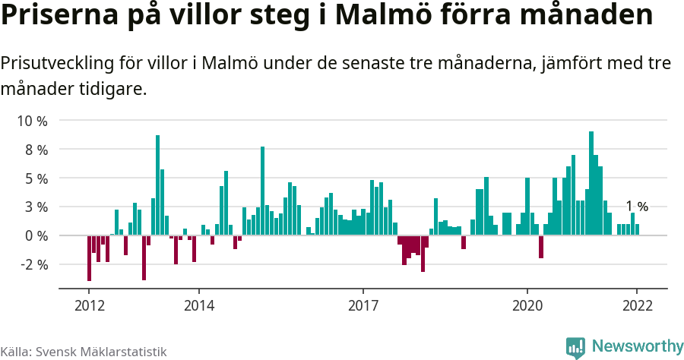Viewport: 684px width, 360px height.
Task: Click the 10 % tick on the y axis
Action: click(32, 121)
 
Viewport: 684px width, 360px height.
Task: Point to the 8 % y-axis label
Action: click(35, 150)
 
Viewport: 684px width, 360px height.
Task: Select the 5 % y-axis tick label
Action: click(35, 178)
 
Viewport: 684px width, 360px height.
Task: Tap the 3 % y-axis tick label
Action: click(35, 207)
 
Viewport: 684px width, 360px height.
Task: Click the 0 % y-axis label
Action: click(35, 235)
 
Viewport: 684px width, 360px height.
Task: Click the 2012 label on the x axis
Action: click(89, 305)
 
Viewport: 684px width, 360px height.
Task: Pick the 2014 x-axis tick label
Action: click(199, 305)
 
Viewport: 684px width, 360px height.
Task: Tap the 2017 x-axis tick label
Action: click(363, 305)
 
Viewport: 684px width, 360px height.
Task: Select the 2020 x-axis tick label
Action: click(527, 305)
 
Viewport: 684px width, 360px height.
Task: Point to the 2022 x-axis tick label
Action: click(637, 305)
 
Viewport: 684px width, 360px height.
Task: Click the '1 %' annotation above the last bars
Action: click(637, 207)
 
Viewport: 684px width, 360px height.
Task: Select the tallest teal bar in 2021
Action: click(591, 183)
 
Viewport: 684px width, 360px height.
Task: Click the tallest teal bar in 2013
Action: click(157, 185)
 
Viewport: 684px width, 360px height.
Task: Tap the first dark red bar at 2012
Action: click(89, 258)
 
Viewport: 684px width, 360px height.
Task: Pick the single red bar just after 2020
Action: click(541, 247)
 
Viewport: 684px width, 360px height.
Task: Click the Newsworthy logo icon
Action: click(575, 347)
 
